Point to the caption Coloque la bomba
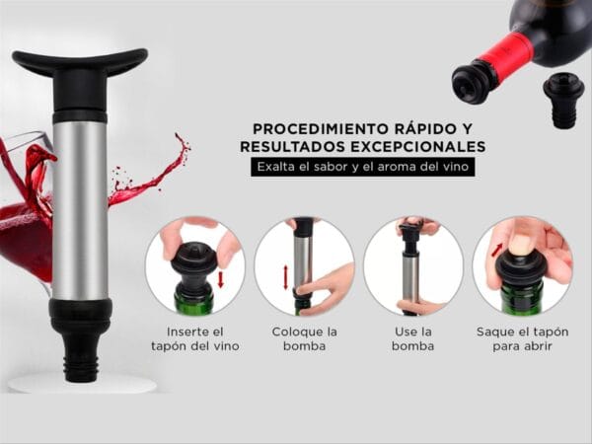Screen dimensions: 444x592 (304, 338)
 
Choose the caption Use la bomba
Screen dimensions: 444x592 (412, 338)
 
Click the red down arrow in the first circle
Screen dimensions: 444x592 (220, 280)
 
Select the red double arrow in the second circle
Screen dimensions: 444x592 (286, 277)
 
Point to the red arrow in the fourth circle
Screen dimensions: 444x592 (497, 251)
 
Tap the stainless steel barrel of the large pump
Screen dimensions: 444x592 (80, 207)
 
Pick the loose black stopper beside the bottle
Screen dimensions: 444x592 (563, 102)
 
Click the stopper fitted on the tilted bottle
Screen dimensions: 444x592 (475, 81)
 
